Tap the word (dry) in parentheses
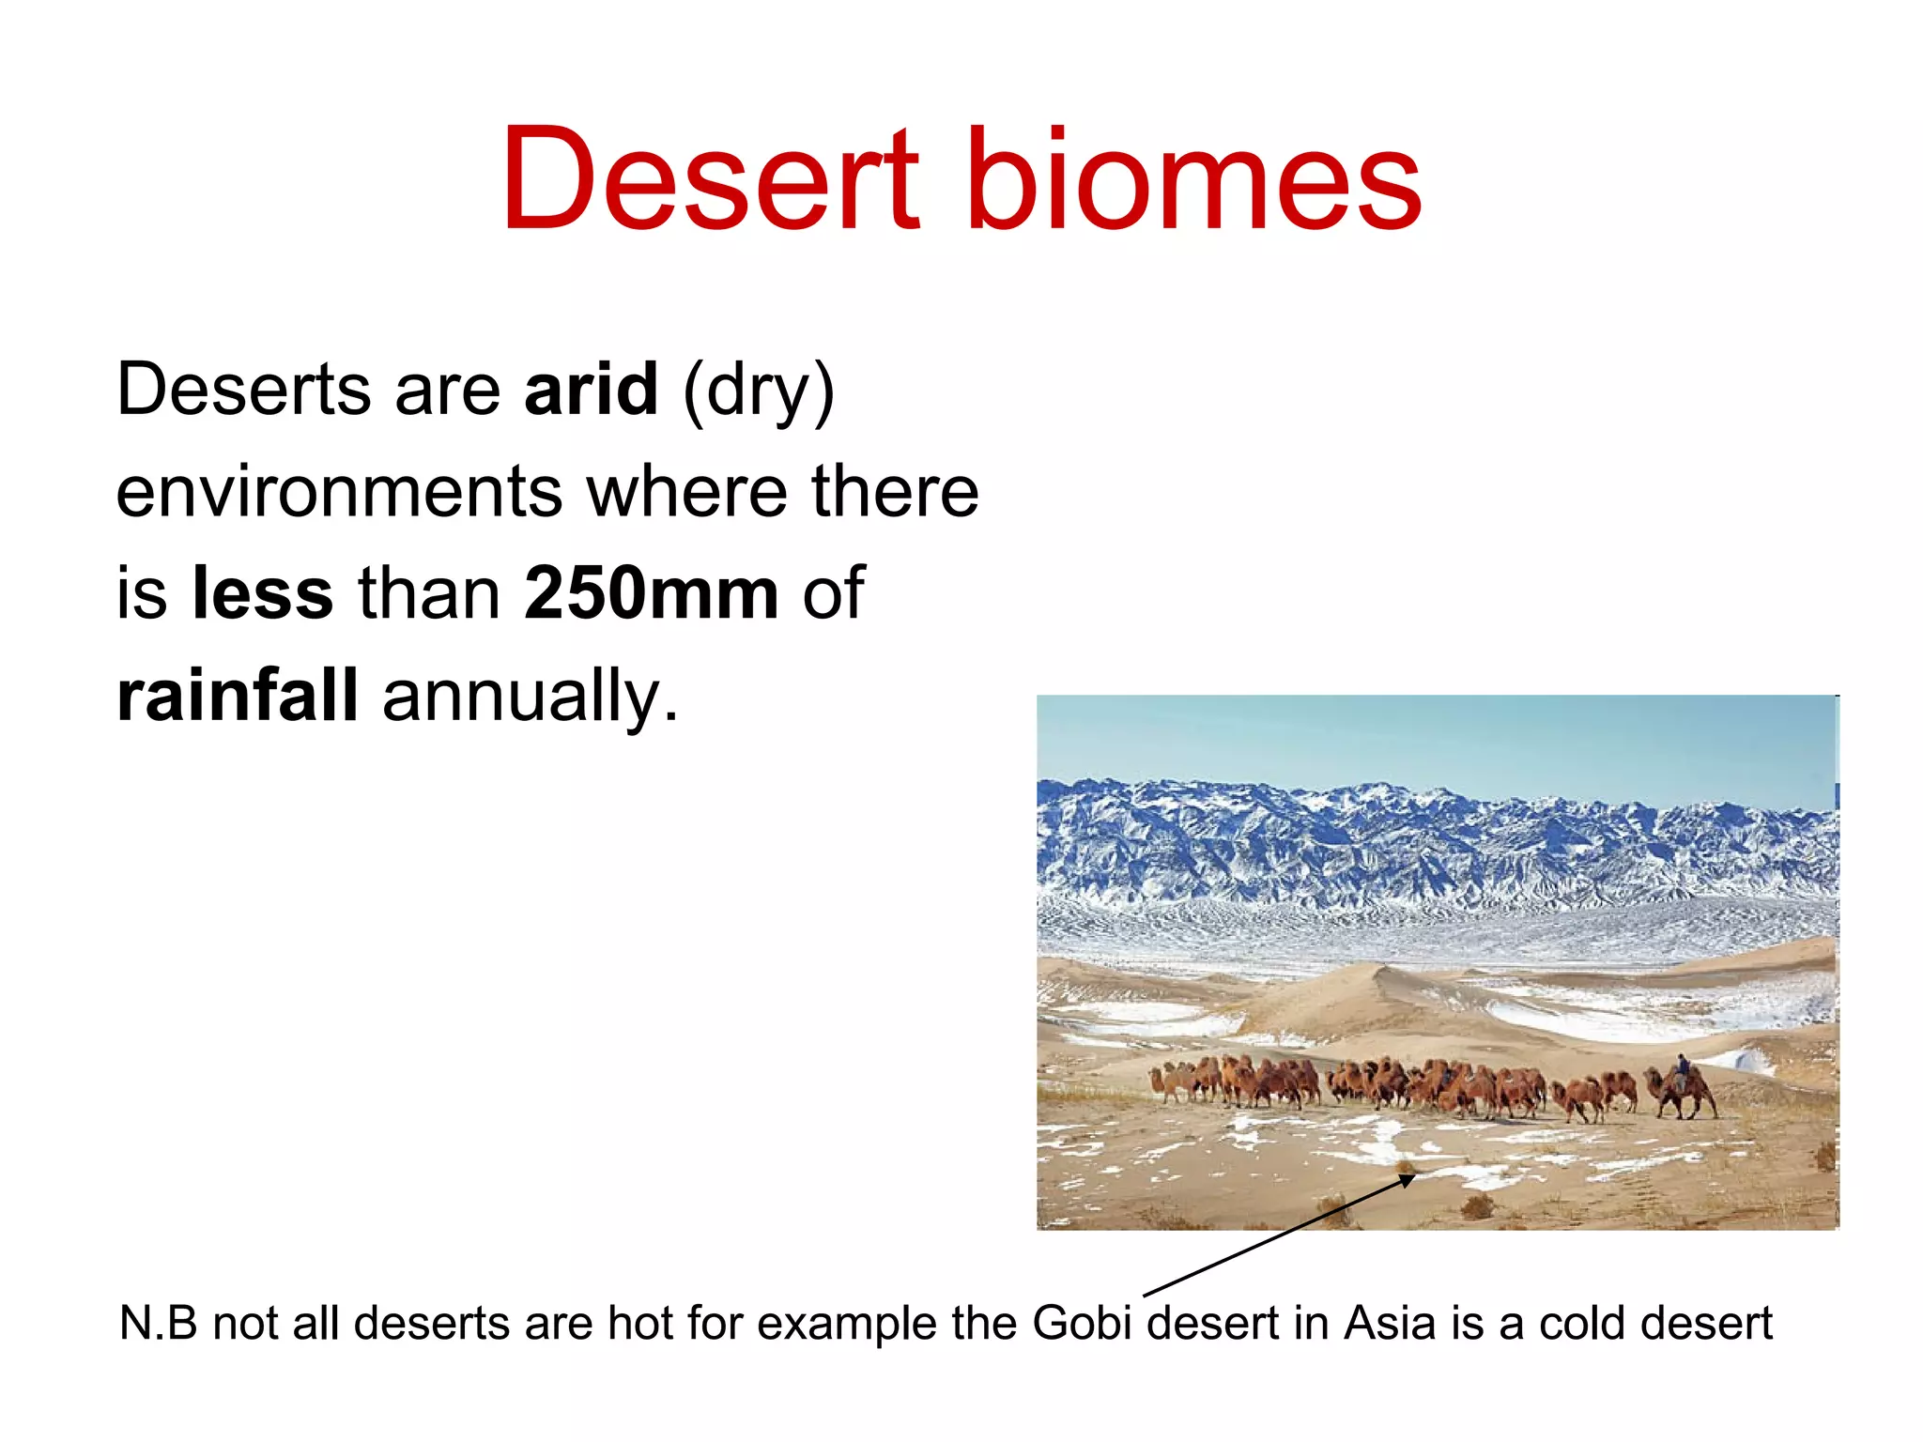tap(759, 391)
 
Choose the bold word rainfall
tap(237, 695)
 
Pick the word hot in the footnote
tap(641, 1323)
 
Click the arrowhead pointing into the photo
tap(1408, 1179)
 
